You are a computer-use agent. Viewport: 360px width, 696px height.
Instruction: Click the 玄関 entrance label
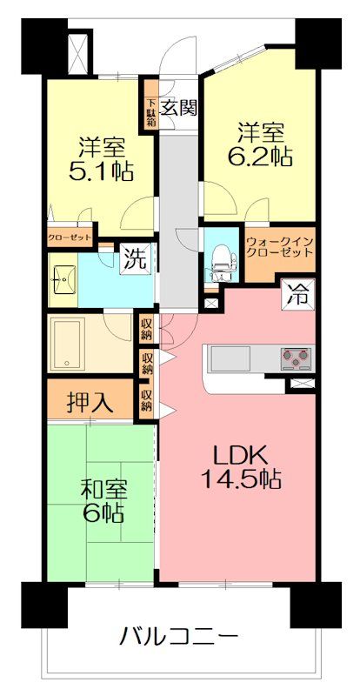click(180, 109)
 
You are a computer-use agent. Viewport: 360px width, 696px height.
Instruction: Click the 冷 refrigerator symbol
click(299, 294)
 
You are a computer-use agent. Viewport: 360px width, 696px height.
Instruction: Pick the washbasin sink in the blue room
click(61, 279)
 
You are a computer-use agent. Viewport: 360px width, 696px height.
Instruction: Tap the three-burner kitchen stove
click(296, 356)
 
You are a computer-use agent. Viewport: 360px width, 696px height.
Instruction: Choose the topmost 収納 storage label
click(146, 329)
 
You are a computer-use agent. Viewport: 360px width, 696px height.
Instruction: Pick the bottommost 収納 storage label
click(146, 401)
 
